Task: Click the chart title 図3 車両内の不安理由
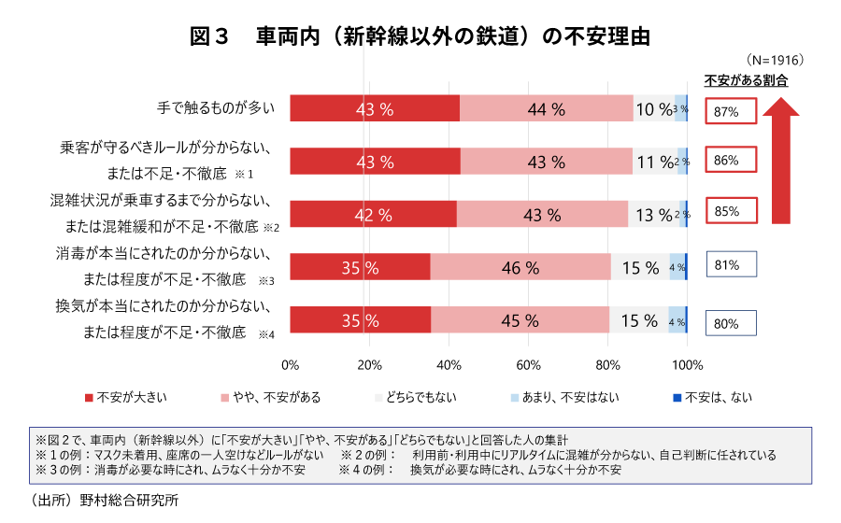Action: point(420,36)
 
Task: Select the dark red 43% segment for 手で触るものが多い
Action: point(375,108)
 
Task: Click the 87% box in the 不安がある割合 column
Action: point(731,111)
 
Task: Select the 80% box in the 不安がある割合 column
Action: point(730,323)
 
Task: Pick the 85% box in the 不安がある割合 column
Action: point(731,212)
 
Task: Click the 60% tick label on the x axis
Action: point(529,364)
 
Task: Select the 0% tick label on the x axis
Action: point(290,364)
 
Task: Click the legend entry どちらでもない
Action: point(415,397)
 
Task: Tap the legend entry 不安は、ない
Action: point(711,397)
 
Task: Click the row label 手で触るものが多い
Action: point(216,107)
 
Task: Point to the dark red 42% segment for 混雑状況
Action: point(374,214)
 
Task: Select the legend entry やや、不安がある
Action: point(270,397)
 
